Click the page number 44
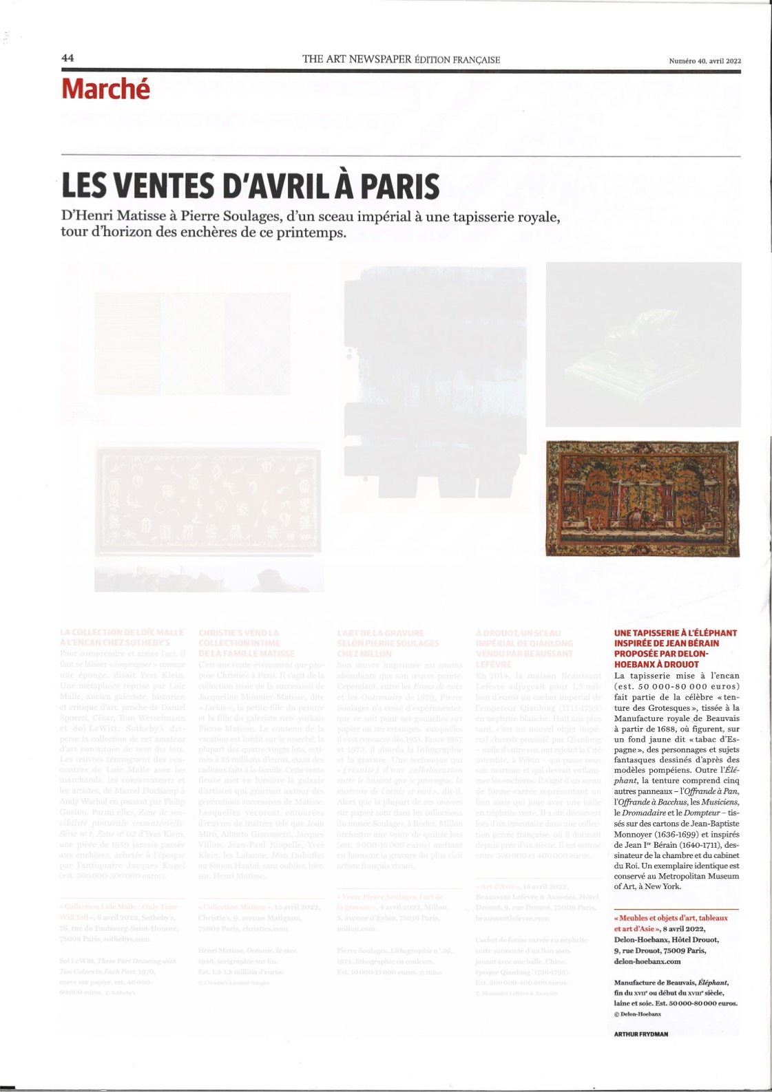[67, 58]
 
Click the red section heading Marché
[105, 89]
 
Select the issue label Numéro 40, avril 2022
[705, 61]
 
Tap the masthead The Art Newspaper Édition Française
[401, 59]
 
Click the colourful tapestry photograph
[642, 498]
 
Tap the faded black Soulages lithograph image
[435, 378]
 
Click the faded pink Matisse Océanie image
[208, 500]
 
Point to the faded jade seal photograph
[643, 344]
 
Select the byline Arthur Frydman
[640, 1034]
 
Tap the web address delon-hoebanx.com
[647, 961]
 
